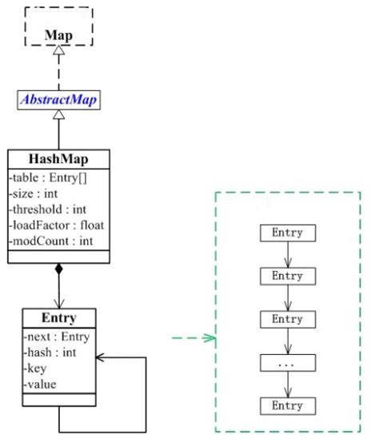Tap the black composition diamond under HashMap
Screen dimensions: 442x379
pos(58,270)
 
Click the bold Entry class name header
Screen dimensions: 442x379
pos(58,317)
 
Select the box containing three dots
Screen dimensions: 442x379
pos(288,362)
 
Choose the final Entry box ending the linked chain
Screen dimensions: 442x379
pos(288,405)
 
